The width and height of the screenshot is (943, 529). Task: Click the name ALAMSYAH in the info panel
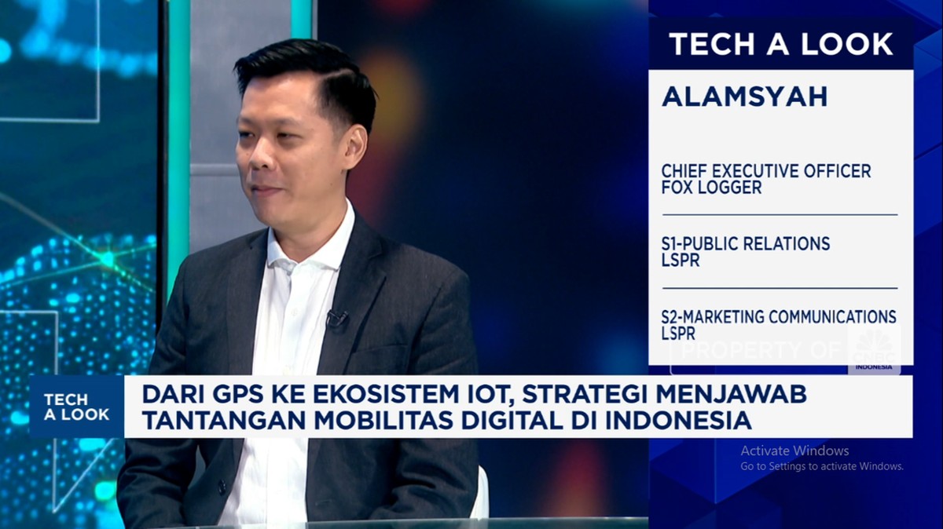(744, 97)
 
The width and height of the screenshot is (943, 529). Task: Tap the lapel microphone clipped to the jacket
(337, 319)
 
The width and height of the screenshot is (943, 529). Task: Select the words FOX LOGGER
(711, 188)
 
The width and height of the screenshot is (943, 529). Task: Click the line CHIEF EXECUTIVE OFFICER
(766, 171)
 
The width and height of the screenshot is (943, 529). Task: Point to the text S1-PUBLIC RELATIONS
(746, 244)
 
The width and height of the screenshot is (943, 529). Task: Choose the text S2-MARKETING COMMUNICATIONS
(779, 316)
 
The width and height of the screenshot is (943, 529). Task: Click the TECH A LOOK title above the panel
(781, 44)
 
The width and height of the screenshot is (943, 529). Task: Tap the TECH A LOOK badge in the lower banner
(77, 407)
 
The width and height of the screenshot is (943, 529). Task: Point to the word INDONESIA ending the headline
(678, 421)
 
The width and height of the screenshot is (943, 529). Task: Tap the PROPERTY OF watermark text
(761, 350)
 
